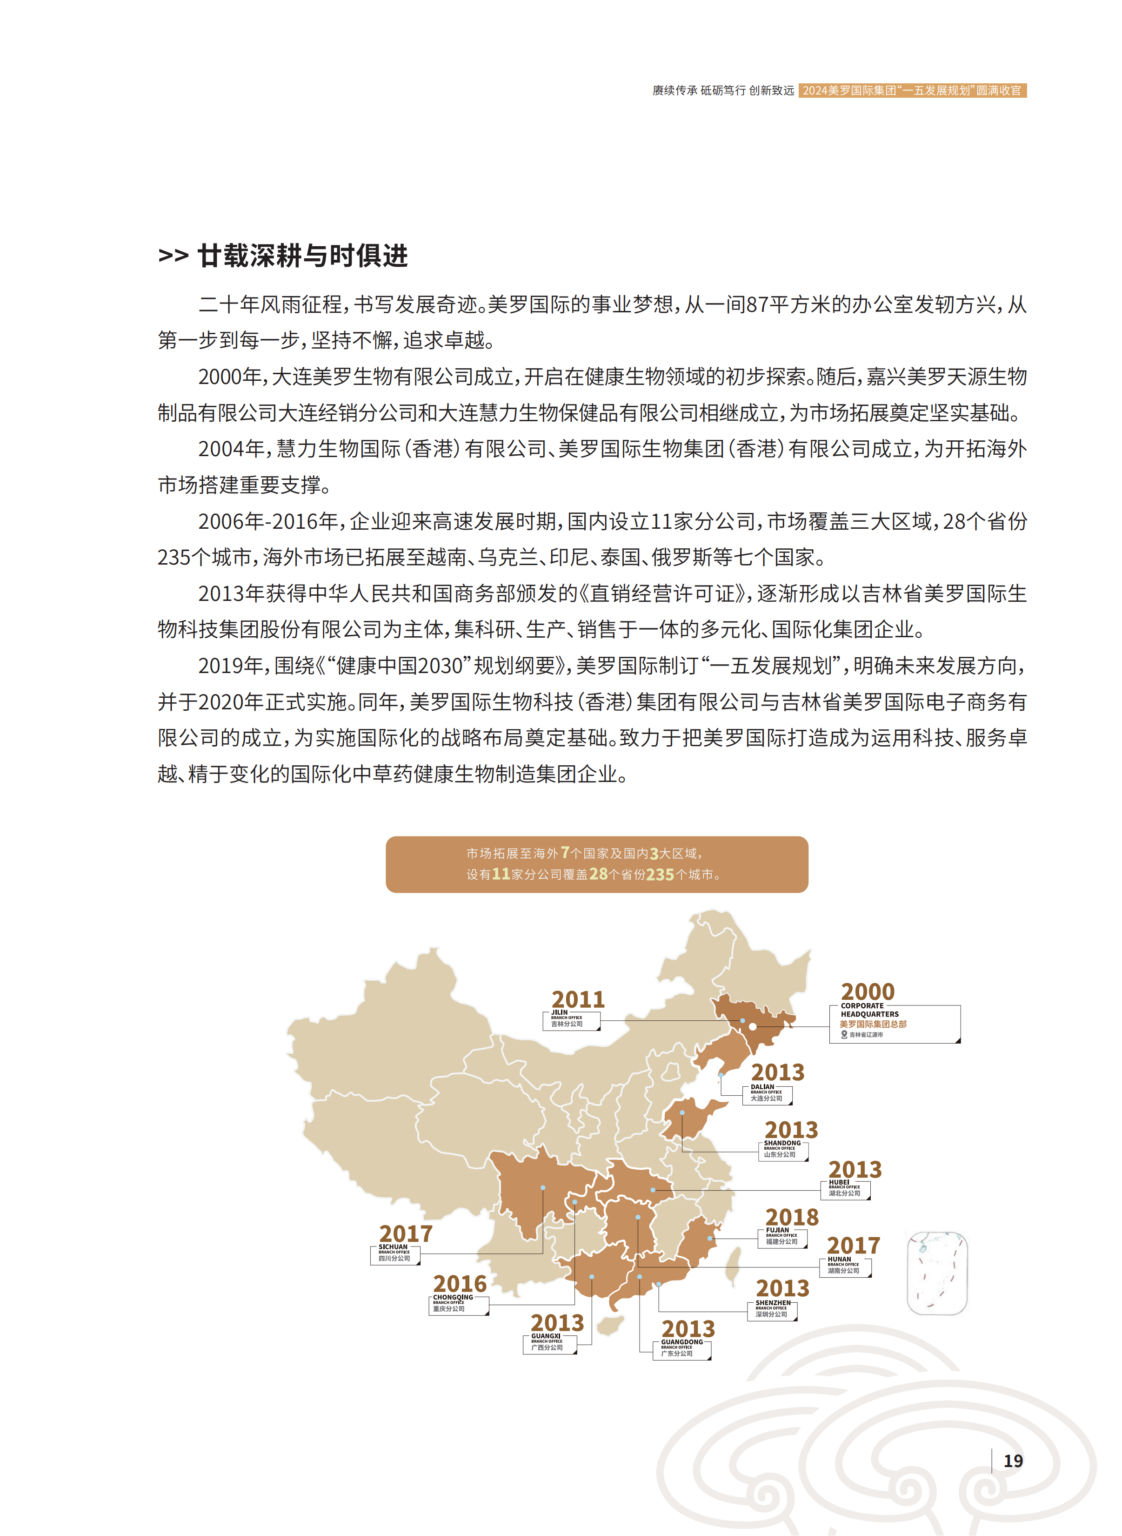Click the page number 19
point(1013,1461)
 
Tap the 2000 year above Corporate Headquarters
point(867,991)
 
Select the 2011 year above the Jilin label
point(578,999)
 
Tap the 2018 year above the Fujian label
point(792,1217)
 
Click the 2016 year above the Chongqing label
point(460,1284)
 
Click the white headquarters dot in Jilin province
point(753,1026)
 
